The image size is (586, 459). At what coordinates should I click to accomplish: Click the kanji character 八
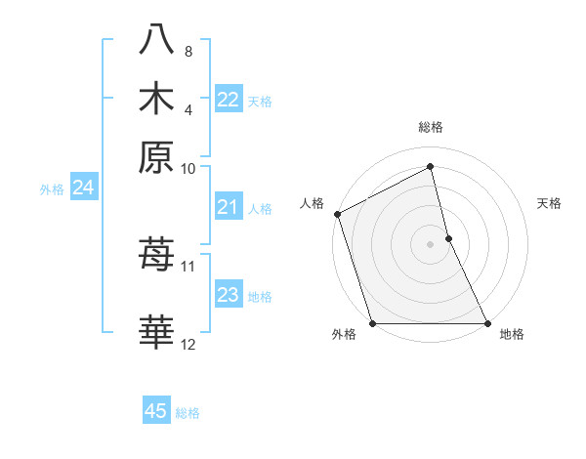[x=157, y=39]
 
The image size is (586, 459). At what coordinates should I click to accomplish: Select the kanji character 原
[x=157, y=155]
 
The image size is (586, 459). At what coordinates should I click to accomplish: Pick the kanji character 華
[x=157, y=330]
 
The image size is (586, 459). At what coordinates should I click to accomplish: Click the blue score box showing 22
[x=228, y=100]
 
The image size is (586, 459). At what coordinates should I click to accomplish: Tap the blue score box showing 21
[x=228, y=207]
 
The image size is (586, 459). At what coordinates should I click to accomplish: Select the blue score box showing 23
[x=228, y=295]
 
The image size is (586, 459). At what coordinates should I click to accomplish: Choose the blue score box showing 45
[x=156, y=411]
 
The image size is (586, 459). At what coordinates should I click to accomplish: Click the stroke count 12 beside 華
[x=188, y=344]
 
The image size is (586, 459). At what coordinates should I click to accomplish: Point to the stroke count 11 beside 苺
[x=188, y=266]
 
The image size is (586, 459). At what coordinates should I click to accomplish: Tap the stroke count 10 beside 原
[x=188, y=168]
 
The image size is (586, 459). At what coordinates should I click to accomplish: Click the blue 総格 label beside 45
[x=188, y=413]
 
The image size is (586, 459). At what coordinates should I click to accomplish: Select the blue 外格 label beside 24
[x=51, y=189]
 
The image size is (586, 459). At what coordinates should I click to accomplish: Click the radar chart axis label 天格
[x=549, y=203]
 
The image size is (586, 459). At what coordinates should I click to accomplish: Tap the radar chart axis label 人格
[x=312, y=203]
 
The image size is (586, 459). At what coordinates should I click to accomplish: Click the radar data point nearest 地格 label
[x=486, y=323]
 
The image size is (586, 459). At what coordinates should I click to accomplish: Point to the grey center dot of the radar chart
[x=431, y=243]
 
